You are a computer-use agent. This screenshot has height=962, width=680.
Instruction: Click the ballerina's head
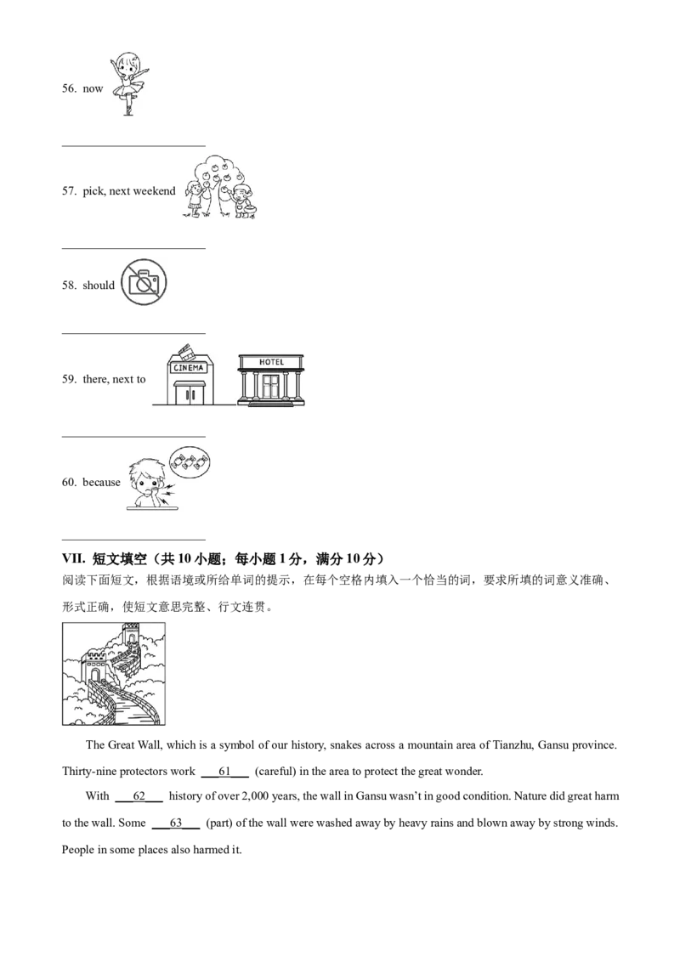point(130,63)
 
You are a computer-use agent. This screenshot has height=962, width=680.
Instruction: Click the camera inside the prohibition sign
point(143,282)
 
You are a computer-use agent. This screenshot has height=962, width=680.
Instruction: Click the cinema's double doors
point(188,394)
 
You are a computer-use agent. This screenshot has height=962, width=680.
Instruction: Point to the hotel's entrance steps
point(271,405)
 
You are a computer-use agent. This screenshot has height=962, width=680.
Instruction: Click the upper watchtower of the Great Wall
point(131,634)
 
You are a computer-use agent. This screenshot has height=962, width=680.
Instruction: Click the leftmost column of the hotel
point(242,388)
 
